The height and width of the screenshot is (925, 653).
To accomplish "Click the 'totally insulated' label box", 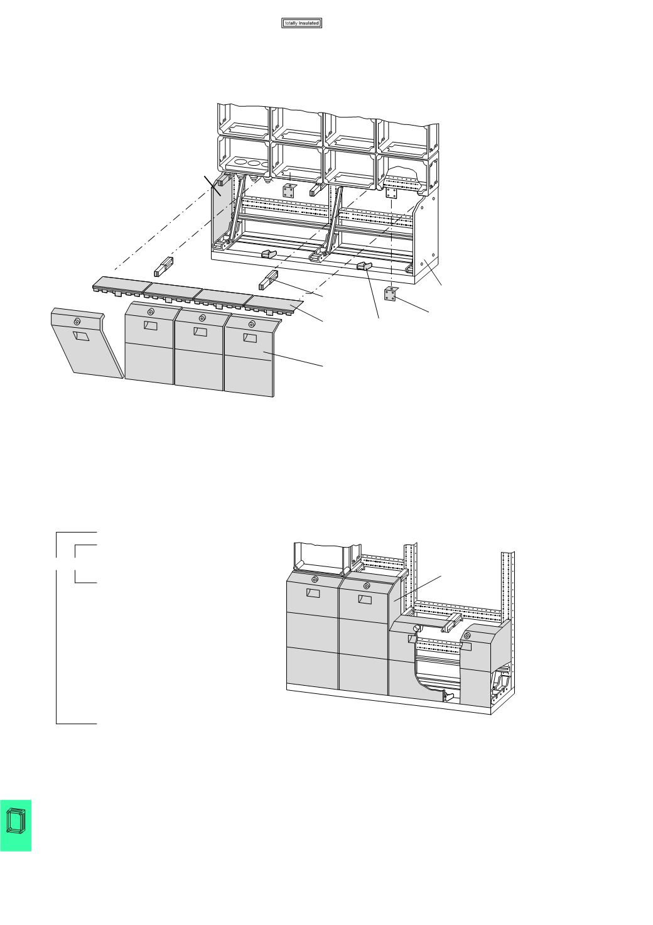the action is pos(301,23).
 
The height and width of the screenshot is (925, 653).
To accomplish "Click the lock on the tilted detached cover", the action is pos(77,322).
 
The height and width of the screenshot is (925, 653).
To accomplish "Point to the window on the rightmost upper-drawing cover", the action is pos(250,338).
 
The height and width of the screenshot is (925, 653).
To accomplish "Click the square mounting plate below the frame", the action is pos(390,294).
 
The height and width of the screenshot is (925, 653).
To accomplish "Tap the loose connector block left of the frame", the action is pos(163,266).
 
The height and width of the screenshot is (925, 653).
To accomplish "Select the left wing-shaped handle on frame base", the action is pos(268,254).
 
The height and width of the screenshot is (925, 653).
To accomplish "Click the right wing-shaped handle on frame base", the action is pos(364,266).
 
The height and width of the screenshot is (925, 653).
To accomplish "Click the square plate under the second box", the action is pos(289,190).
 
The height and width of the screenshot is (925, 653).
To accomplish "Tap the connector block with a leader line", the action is pos(268,280).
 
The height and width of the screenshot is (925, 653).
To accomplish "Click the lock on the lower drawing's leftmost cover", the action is pos(315,580).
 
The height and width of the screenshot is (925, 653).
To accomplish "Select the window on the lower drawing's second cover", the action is pos(364,599).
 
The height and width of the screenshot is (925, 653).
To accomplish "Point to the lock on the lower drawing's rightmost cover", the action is pos(467,636).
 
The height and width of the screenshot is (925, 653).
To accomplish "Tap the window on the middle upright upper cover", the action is pos(200,331).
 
